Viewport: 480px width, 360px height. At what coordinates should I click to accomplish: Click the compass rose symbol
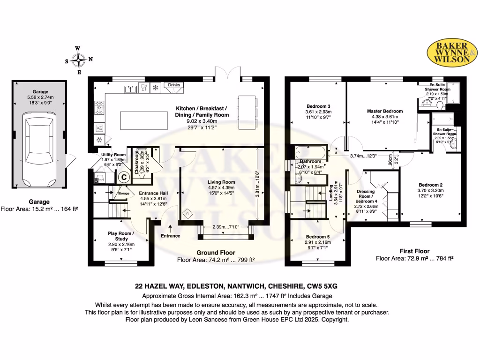pos(79,60)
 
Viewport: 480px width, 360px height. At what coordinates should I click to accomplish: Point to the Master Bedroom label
pos(384,111)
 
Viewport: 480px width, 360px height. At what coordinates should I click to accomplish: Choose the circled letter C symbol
pos(124,177)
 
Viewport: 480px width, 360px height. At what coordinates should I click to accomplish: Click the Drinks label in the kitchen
pos(174,85)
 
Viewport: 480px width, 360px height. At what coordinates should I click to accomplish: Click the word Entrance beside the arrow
pos(170,235)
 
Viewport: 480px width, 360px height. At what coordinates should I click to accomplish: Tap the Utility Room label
pos(113,155)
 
